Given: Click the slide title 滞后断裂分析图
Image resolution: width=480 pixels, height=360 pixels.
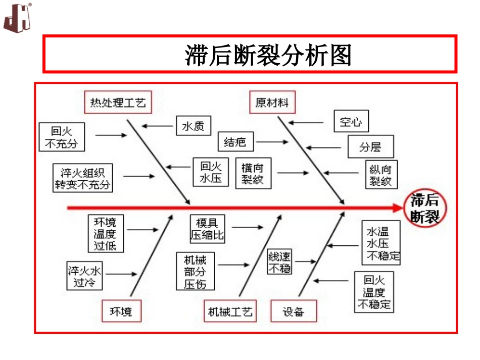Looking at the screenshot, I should [268, 55].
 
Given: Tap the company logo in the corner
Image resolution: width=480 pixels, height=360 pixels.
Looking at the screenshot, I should [18, 18].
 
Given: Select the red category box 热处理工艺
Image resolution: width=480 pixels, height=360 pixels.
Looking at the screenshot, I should [118, 103].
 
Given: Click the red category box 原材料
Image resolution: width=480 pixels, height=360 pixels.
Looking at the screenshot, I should [272, 103].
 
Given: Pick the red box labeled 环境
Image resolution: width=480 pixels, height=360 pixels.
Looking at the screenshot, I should [121, 312].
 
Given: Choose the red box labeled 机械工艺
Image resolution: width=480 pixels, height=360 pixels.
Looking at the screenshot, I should [230, 312].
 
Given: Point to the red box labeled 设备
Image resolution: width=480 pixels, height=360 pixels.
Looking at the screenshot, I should [294, 312].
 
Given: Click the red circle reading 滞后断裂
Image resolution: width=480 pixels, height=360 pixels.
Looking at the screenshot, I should [424, 208].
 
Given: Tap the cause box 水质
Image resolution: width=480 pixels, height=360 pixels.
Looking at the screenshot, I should [193, 127].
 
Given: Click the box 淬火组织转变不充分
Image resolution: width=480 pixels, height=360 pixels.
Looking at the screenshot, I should [82, 177].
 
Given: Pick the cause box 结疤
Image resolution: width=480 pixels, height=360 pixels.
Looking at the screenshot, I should [235, 142].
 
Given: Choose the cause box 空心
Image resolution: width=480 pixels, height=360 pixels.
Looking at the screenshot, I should [351, 122].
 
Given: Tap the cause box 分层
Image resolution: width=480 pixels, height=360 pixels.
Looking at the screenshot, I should [370, 147].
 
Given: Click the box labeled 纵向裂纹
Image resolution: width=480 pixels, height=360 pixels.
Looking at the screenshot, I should [381, 175].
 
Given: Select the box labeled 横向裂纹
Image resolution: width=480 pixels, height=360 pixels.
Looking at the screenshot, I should [253, 174].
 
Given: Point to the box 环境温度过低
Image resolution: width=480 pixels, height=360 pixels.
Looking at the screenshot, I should [105, 234].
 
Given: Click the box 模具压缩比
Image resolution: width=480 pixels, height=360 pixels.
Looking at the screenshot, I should [207, 228].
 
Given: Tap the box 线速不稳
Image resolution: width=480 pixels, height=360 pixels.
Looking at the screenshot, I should [279, 262].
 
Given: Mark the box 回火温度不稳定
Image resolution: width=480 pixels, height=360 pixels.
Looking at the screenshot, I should [374, 292].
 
